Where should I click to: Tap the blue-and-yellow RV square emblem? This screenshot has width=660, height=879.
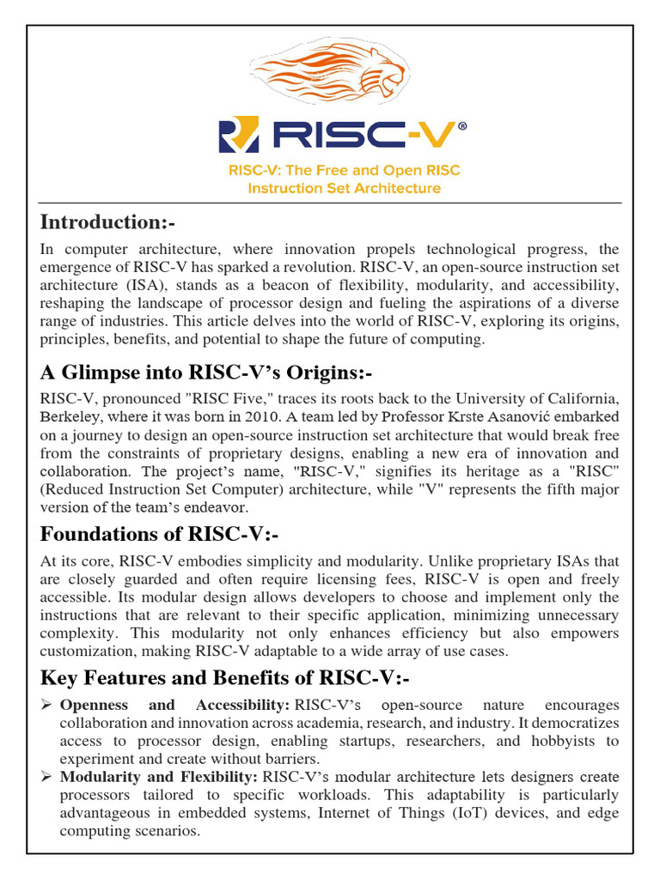pos(238,136)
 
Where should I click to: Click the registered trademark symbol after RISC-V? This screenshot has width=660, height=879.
pos(463,126)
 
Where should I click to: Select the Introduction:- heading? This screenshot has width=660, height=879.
pos(107,222)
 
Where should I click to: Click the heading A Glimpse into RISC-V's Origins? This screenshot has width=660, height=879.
pos(206,373)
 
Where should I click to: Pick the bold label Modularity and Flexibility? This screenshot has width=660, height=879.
pos(158,777)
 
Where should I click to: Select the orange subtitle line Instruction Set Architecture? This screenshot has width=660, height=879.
pos(344,188)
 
